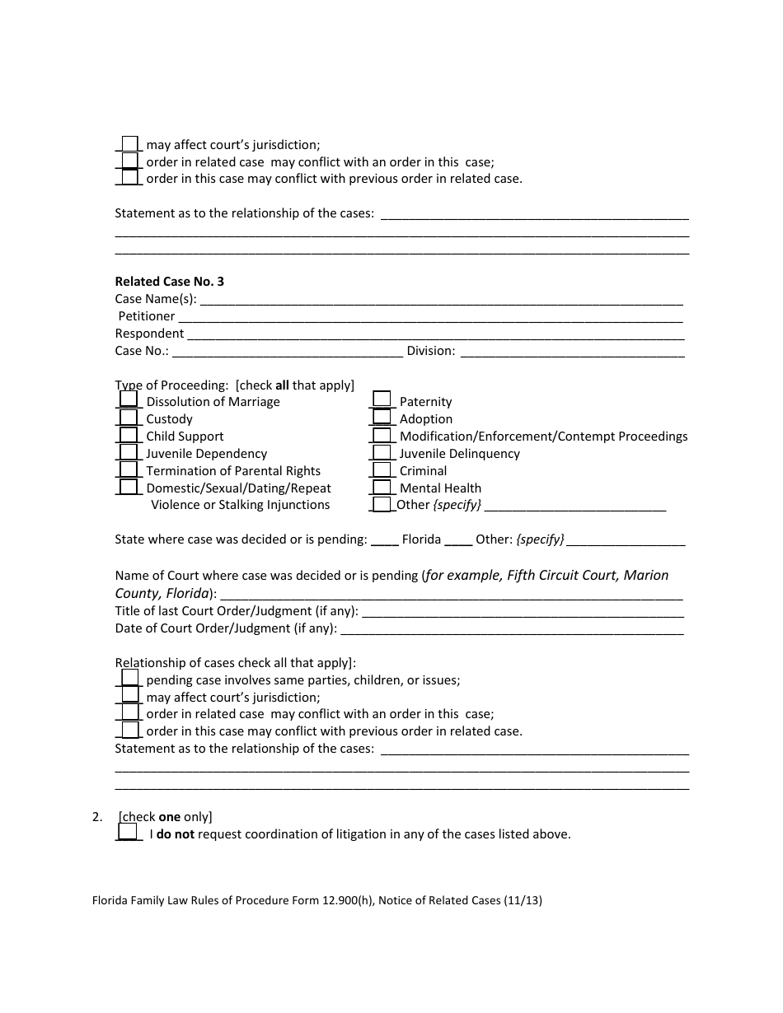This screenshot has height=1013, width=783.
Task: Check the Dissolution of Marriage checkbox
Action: click(x=129, y=399)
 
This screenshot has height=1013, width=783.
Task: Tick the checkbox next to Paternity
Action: click(x=382, y=399)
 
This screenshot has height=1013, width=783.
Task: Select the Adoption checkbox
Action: click(x=382, y=417)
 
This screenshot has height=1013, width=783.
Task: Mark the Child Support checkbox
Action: click(x=129, y=435)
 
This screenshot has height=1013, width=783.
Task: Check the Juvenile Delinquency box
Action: click(x=382, y=452)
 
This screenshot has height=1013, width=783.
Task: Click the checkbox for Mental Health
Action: click(x=382, y=487)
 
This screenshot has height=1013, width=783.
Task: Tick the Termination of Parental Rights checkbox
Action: click(x=129, y=469)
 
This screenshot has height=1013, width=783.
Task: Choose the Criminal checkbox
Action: click(x=382, y=469)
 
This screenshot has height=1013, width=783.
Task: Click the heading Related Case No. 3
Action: click(x=169, y=282)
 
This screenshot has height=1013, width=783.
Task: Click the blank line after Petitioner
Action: click(x=430, y=317)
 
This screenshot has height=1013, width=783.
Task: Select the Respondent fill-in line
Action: click(x=434, y=334)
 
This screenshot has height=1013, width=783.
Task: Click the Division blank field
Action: click(x=572, y=352)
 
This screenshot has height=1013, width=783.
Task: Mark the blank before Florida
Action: click(x=384, y=540)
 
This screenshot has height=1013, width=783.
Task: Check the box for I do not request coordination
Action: click(x=128, y=832)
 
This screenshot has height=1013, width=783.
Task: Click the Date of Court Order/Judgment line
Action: click(x=511, y=629)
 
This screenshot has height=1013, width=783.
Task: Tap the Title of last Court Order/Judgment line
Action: click(x=523, y=612)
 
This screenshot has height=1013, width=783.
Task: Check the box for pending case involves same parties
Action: click(x=130, y=678)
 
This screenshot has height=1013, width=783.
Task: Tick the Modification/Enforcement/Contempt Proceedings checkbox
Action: click(x=382, y=435)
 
